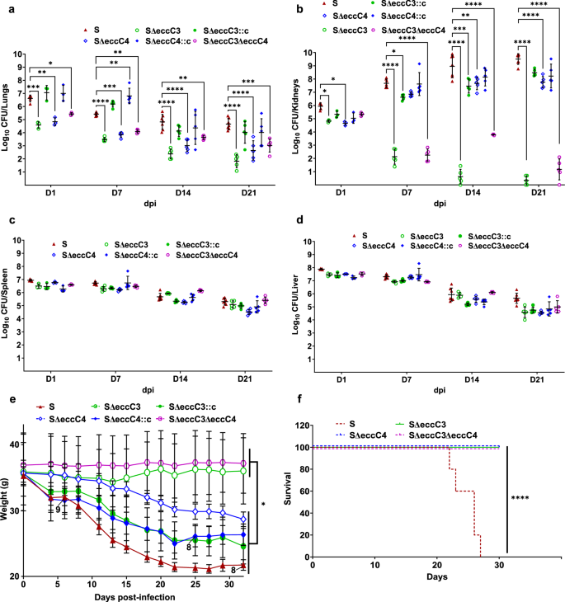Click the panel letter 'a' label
[7, 7]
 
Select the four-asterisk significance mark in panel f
[520, 498]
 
